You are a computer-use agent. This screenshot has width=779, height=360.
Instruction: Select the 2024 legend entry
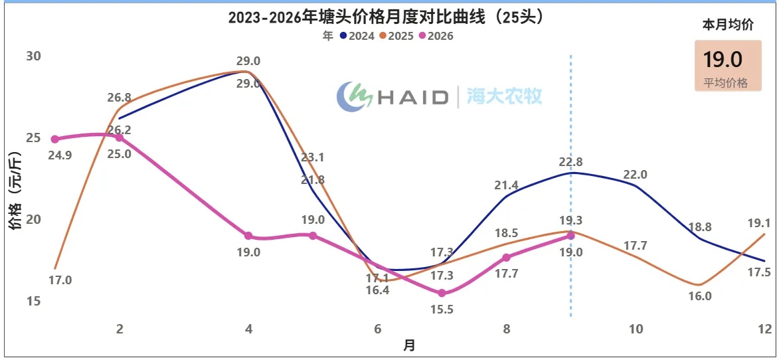coord(358,36)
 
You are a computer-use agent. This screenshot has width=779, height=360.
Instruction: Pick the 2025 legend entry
coord(396,36)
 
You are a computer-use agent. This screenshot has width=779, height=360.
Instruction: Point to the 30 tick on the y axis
coord(34,56)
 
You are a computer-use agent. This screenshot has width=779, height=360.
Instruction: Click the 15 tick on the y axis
coord(34,302)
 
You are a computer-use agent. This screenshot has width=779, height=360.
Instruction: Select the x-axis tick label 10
coord(636,329)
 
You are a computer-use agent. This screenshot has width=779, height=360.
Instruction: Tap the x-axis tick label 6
coord(378,329)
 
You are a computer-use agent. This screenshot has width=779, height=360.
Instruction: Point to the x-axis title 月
coord(408,345)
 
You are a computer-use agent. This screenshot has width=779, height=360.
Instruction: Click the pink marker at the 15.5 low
coord(442,293)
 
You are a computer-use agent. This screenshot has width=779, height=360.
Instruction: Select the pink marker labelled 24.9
coord(55,139)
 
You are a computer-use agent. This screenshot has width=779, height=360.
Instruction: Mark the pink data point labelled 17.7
coord(507,257)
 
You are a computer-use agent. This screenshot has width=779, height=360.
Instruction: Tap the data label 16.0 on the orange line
coord(701,296)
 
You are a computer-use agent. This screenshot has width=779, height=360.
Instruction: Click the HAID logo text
coord(413,97)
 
